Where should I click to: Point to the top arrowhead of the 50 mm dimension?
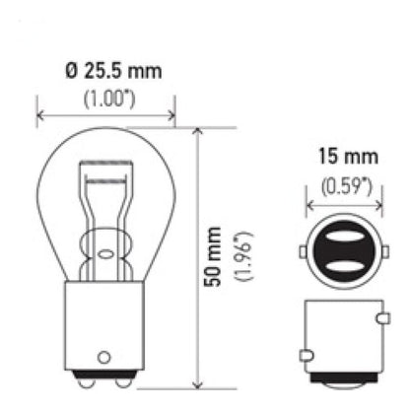coord(198,133)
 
